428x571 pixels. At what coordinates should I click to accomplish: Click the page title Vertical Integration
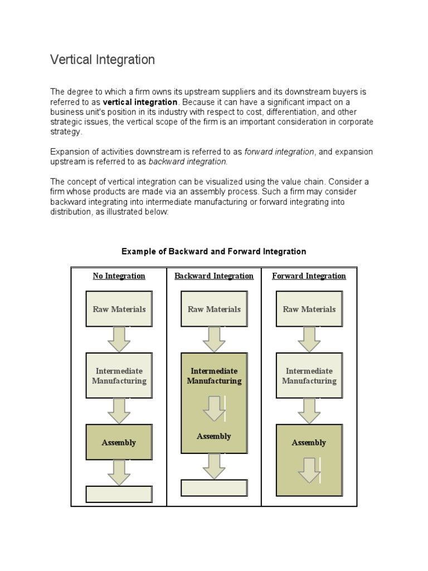pyautogui.click(x=103, y=60)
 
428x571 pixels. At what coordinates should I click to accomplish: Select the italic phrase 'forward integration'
pyautogui.click(x=279, y=152)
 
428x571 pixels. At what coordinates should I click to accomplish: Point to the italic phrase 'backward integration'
pyautogui.click(x=188, y=162)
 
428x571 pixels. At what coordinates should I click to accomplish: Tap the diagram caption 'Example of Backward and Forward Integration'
pyautogui.click(x=214, y=251)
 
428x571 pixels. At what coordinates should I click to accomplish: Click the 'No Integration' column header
pyautogui.click(x=119, y=276)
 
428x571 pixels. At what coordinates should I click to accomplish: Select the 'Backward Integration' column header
pyautogui.click(x=214, y=276)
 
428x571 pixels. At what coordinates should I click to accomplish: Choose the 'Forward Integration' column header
pyautogui.click(x=309, y=276)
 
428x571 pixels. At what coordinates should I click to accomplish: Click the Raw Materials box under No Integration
pyautogui.click(x=119, y=309)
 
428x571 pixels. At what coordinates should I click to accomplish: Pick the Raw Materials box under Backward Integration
pyautogui.click(x=214, y=309)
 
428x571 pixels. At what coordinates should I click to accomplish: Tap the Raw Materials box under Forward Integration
pyautogui.click(x=309, y=309)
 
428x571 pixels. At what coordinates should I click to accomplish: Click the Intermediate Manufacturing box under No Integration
pyautogui.click(x=119, y=375)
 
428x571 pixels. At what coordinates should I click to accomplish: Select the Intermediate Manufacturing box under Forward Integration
pyautogui.click(x=309, y=375)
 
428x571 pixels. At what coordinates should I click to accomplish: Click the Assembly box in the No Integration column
pyautogui.click(x=119, y=442)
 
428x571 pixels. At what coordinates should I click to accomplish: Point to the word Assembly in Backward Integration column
pyautogui.click(x=214, y=437)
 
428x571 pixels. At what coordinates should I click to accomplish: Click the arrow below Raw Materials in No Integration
pyautogui.click(x=119, y=339)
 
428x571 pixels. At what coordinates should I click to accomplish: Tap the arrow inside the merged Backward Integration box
pyautogui.click(x=214, y=408)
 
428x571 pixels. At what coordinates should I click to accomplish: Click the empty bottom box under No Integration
pyautogui.click(x=119, y=494)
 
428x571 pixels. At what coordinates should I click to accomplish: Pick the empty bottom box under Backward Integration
pyautogui.click(x=214, y=488)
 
